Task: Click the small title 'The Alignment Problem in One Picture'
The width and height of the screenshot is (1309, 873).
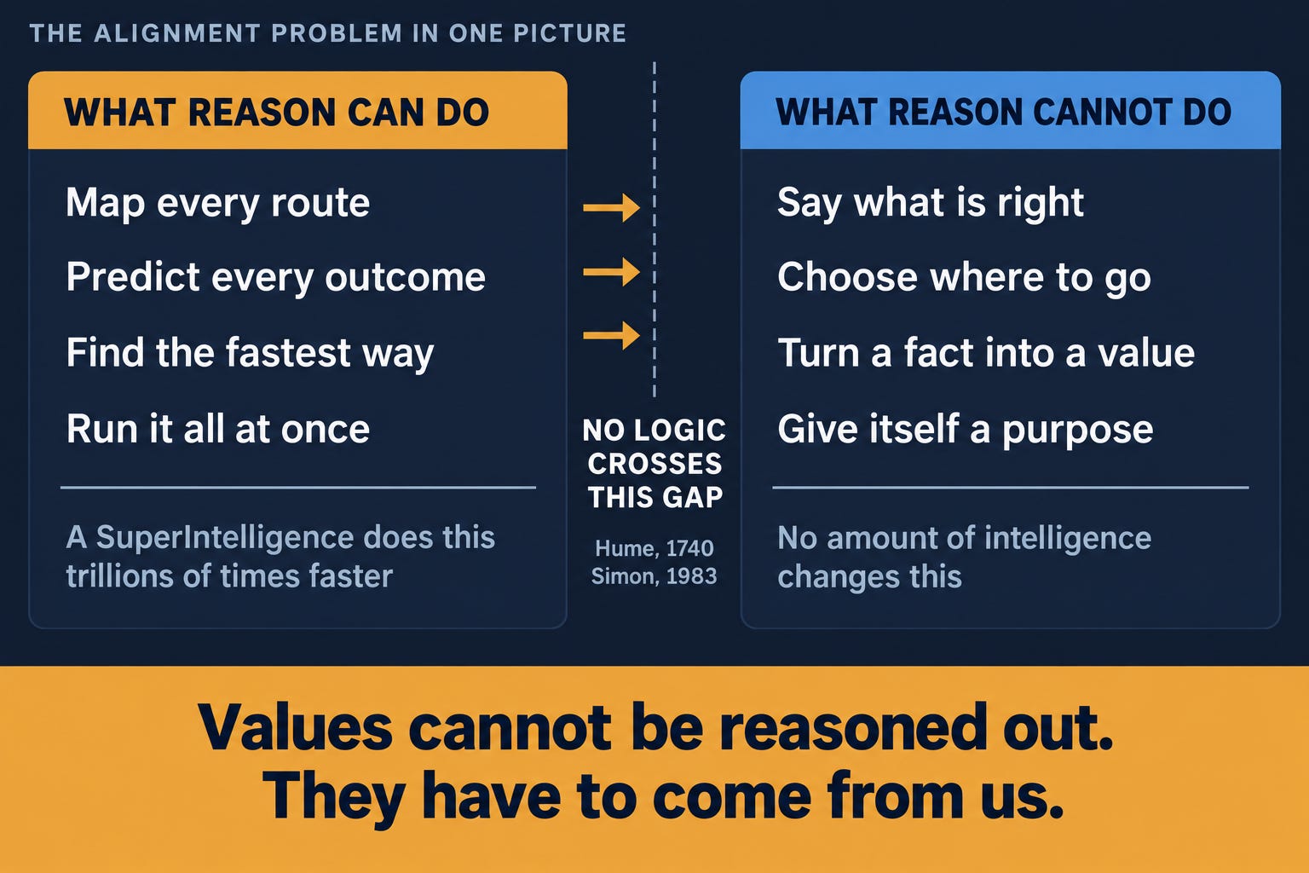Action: tap(328, 33)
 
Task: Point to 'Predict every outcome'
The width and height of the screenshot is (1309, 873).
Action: tap(276, 277)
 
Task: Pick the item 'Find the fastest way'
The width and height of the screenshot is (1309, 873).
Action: tap(250, 353)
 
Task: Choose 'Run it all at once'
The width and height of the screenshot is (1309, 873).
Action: tap(218, 429)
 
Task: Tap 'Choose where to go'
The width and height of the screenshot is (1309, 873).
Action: tap(964, 277)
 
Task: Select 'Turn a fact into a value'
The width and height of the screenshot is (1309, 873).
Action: tap(986, 353)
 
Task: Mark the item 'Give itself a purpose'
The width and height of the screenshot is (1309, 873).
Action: tap(966, 430)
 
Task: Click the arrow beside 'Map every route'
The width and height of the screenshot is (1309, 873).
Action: tap(611, 207)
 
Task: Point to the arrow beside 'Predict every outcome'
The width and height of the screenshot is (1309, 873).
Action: tap(611, 271)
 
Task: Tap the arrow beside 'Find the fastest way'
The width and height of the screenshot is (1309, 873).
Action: tap(611, 335)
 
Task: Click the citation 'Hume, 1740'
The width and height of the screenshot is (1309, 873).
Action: tap(654, 548)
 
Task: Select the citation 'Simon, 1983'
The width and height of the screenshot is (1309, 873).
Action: tap(654, 576)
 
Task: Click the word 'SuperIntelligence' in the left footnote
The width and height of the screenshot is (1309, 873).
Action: tap(224, 537)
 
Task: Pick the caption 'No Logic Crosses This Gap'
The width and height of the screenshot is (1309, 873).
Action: tap(654, 464)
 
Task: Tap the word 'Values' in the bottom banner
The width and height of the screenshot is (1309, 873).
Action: tap(295, 728)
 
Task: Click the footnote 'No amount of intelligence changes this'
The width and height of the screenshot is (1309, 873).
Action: tap(964, 558)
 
